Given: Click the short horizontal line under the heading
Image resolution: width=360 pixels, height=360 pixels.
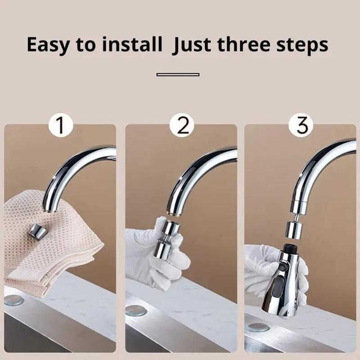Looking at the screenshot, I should point(178,74).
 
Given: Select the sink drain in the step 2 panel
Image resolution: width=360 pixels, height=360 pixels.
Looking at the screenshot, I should point(135,310).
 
